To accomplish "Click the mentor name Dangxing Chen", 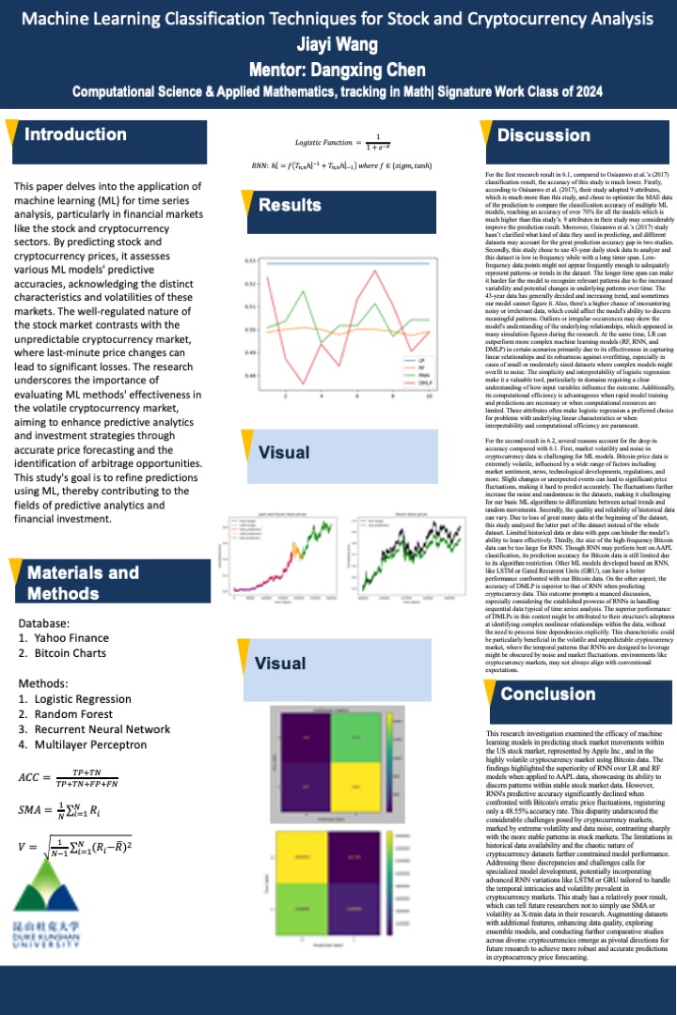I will click(x=338, y=70).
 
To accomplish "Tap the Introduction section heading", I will click(x=75, y=134).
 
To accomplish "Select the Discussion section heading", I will click(x=543, y=136).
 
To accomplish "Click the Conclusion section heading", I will click(x=547, y=695).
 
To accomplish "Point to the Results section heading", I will click(x=290, y=205).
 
